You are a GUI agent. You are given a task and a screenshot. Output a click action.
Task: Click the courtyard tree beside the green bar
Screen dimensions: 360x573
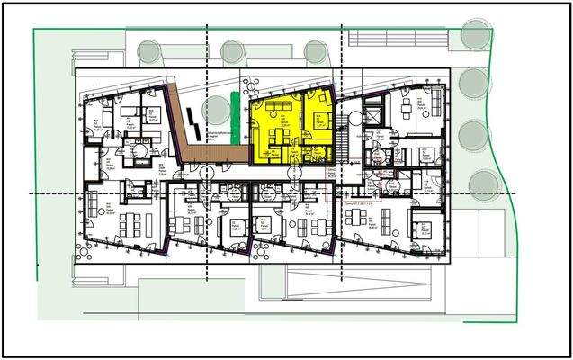click(x=216, y=112)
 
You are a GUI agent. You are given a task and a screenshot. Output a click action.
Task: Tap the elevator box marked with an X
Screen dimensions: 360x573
click(x=372, y=117)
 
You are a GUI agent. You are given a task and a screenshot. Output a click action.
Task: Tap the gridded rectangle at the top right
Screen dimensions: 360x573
click(x=396, y=38)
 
